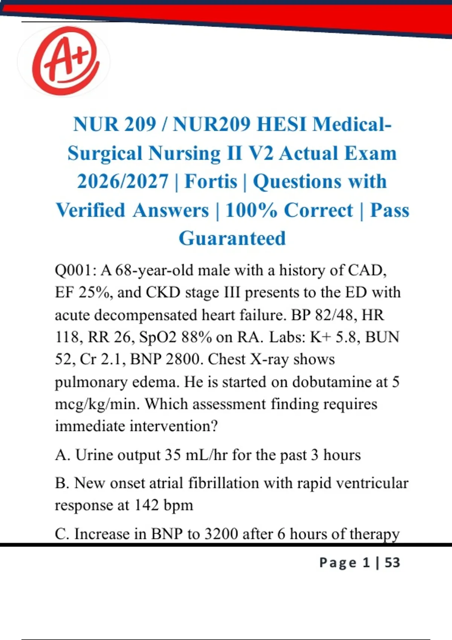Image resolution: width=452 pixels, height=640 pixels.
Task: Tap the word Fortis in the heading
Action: coord(211,181)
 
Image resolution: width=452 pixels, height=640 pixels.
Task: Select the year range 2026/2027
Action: coord(122,181)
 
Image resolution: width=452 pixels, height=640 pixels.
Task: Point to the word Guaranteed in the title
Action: coord(232,238)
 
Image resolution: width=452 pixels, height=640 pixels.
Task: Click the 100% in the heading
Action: coord(251,210)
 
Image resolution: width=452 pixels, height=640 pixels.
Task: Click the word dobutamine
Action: coord(331,382)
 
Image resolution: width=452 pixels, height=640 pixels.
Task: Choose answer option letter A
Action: coord(62,455)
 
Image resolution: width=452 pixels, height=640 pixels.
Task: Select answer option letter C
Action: coord(61,534)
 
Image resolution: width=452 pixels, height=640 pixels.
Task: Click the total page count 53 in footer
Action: coord(392,562)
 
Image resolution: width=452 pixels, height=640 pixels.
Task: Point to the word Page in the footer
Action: coord(337,562)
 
